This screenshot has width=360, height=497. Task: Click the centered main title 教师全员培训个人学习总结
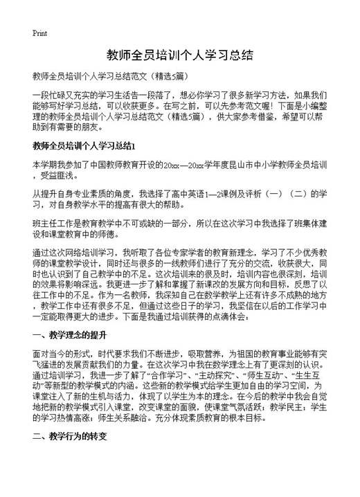pos(179,54)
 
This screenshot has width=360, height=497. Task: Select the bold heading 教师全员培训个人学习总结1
pos(87,146)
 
